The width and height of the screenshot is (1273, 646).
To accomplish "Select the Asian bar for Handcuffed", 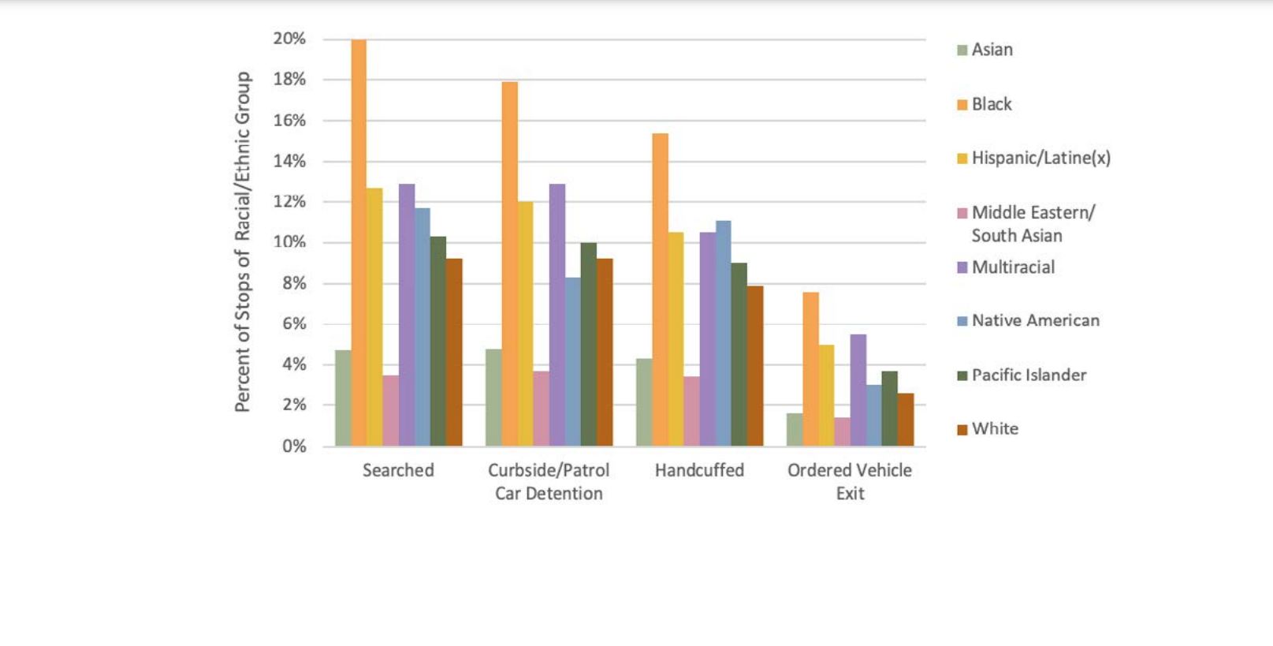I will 644,402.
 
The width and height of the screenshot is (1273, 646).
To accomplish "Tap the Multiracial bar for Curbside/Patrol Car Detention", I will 557,316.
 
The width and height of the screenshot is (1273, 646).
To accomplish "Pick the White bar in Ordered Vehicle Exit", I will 906,420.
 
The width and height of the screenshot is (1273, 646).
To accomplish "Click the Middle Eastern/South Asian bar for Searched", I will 390,411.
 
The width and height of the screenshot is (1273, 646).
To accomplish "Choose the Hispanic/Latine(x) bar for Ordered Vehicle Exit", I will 826,395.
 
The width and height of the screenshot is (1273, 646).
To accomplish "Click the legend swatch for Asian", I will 962,50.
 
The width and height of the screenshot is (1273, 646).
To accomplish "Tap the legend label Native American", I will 1035,321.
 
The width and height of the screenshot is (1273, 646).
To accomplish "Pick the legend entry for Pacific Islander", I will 1029,375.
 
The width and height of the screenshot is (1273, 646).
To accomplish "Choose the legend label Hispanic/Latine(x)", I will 1040,159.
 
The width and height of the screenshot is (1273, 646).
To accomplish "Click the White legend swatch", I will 962,430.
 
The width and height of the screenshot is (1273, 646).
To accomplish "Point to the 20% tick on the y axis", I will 289,39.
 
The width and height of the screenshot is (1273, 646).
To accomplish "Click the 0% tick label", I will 294,446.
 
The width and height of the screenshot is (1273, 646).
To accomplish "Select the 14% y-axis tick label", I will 289,161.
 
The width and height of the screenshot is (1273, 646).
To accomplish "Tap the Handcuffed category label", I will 699,471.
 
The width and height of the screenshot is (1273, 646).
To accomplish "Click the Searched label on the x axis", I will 398,471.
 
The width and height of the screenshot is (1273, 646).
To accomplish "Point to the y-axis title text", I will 242,241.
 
